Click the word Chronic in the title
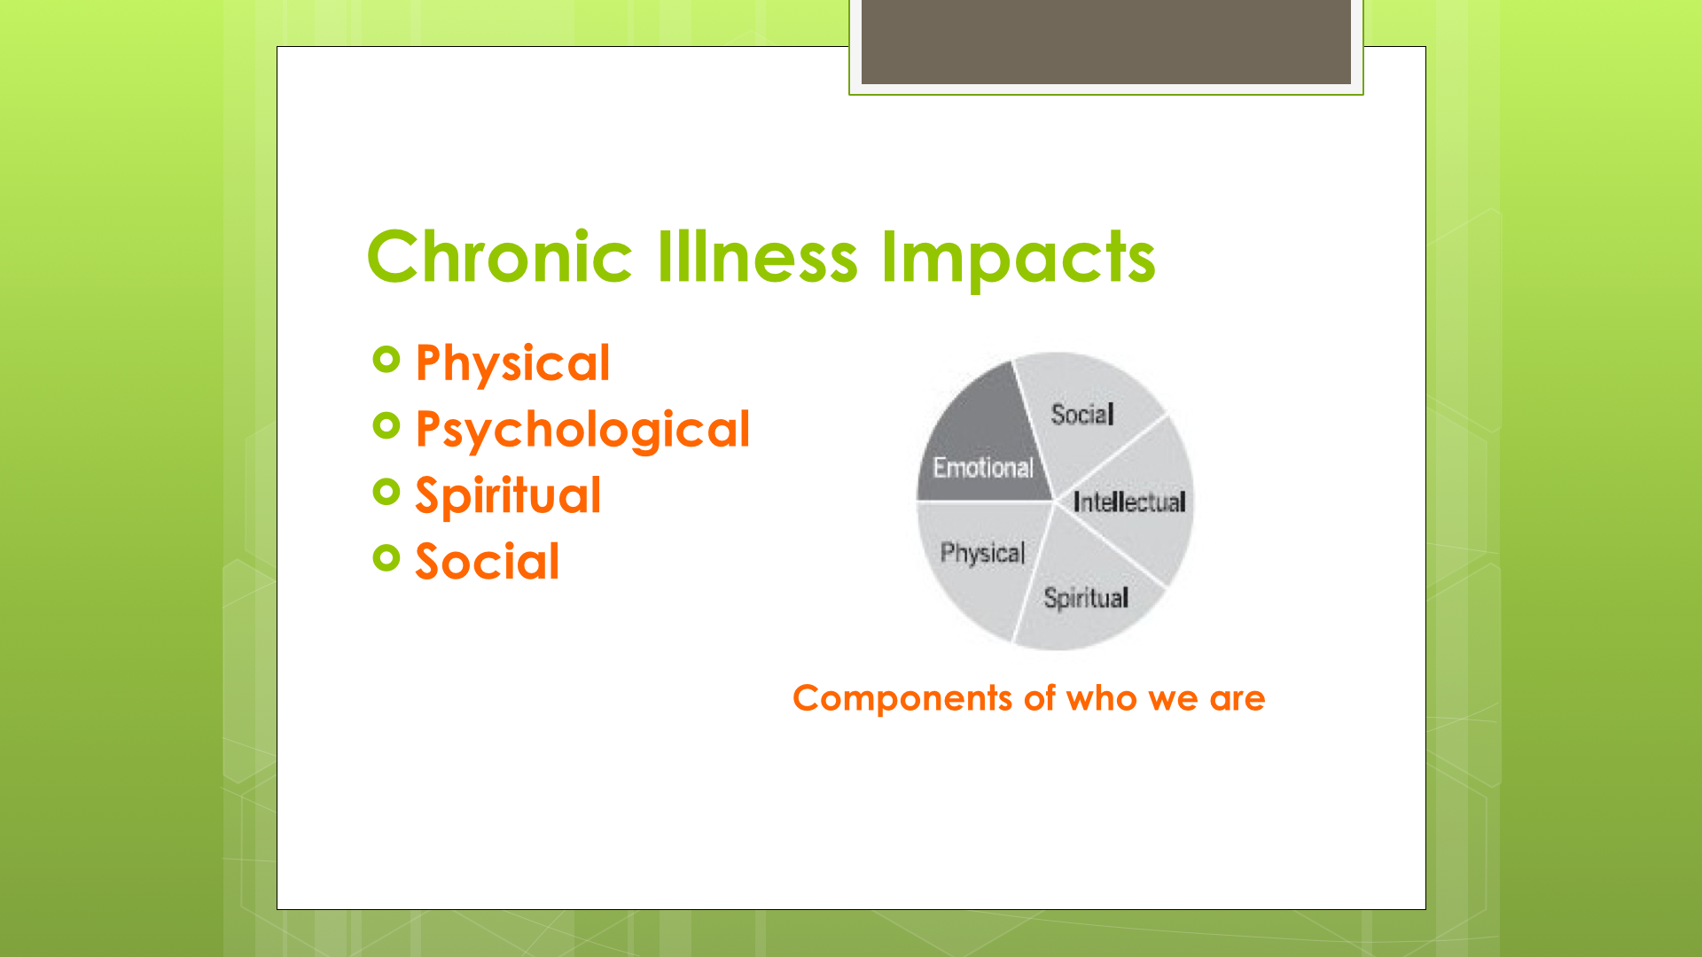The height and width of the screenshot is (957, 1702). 499,257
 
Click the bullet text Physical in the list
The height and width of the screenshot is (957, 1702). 512,364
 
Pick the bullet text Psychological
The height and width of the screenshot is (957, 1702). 582,431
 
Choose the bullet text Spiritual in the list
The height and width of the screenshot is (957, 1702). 508,496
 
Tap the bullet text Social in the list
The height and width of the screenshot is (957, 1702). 488,562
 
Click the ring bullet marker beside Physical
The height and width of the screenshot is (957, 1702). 387,359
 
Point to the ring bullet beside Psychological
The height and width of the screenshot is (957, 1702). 387,425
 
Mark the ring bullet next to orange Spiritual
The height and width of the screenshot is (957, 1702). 387,491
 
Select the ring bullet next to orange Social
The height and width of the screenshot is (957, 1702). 387,557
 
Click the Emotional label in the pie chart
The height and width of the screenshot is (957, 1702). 983,467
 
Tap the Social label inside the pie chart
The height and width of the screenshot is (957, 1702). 1082,414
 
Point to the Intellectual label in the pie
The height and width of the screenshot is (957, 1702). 1129,502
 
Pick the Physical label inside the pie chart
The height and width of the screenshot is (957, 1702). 982,554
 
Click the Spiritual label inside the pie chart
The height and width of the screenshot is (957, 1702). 1086,599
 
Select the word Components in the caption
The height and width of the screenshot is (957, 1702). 902,699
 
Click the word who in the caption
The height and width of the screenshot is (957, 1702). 1102,698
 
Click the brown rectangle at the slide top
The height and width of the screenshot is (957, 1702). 1105,42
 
